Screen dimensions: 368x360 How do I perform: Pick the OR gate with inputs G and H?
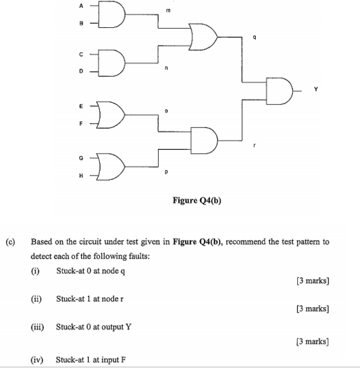coord(113,167)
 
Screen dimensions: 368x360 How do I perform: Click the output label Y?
coord(315,89)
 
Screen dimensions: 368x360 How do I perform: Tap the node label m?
coord(166,10)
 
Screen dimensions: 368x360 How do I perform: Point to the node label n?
coord(166,68)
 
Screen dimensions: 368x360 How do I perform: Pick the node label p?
coord(166,171)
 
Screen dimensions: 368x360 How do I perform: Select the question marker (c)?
coord(10,242)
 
